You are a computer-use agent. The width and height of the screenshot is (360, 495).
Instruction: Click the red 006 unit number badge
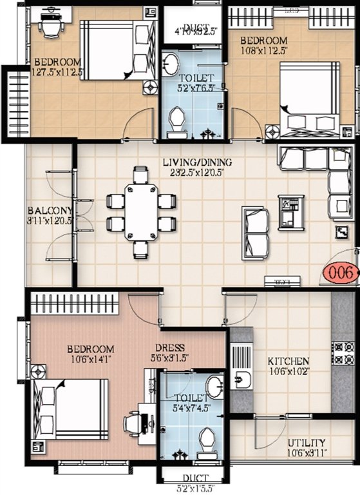340,273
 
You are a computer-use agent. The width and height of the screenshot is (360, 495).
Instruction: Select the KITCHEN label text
289,362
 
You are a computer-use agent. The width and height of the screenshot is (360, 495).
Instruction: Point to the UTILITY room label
306,443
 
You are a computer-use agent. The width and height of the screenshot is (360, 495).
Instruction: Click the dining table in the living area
141,211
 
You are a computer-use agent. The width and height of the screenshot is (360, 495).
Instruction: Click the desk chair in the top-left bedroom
49,23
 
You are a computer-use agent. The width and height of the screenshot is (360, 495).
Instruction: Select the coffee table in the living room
288,212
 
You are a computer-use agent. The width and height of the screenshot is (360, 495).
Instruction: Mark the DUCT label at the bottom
192,478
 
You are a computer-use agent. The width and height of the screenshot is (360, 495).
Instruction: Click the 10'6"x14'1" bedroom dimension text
91,360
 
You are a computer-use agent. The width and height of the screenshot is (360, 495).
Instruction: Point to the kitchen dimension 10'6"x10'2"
289,371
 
